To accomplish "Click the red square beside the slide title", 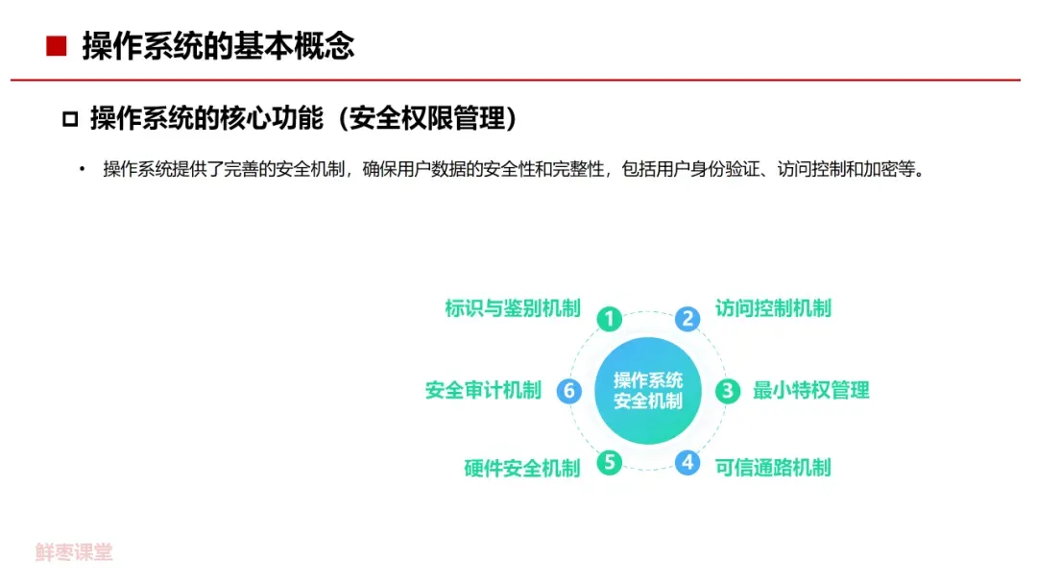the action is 57,46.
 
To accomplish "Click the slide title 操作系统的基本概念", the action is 218,46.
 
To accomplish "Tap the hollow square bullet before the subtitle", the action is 69,120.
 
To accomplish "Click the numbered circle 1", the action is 609,319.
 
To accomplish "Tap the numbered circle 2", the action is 687,319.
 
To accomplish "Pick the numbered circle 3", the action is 728,390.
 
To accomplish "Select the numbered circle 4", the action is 687,462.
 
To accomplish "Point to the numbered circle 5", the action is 609,462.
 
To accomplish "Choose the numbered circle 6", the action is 569,390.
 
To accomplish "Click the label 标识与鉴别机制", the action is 513,308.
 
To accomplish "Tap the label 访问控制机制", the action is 773,308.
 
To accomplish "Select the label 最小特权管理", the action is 810,390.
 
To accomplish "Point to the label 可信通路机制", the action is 773,468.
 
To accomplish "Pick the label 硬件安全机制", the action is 522,468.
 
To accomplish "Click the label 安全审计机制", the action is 483,390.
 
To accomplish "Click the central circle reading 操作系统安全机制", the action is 648,390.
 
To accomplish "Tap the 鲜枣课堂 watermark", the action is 74,552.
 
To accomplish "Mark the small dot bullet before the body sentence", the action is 83,170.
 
